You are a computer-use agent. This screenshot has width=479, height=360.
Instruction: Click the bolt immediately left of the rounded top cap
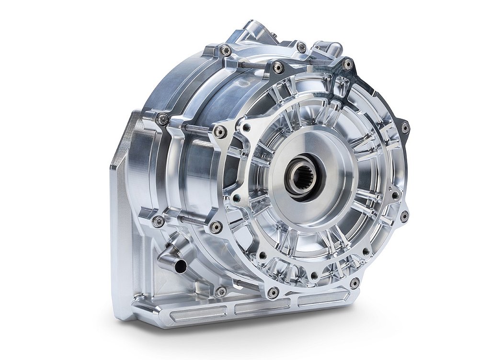pos(301,47)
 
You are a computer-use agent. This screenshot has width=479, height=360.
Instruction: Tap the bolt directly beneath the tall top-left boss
pos(225,50)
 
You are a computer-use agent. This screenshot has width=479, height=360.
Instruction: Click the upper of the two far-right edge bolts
pos(405,127)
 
